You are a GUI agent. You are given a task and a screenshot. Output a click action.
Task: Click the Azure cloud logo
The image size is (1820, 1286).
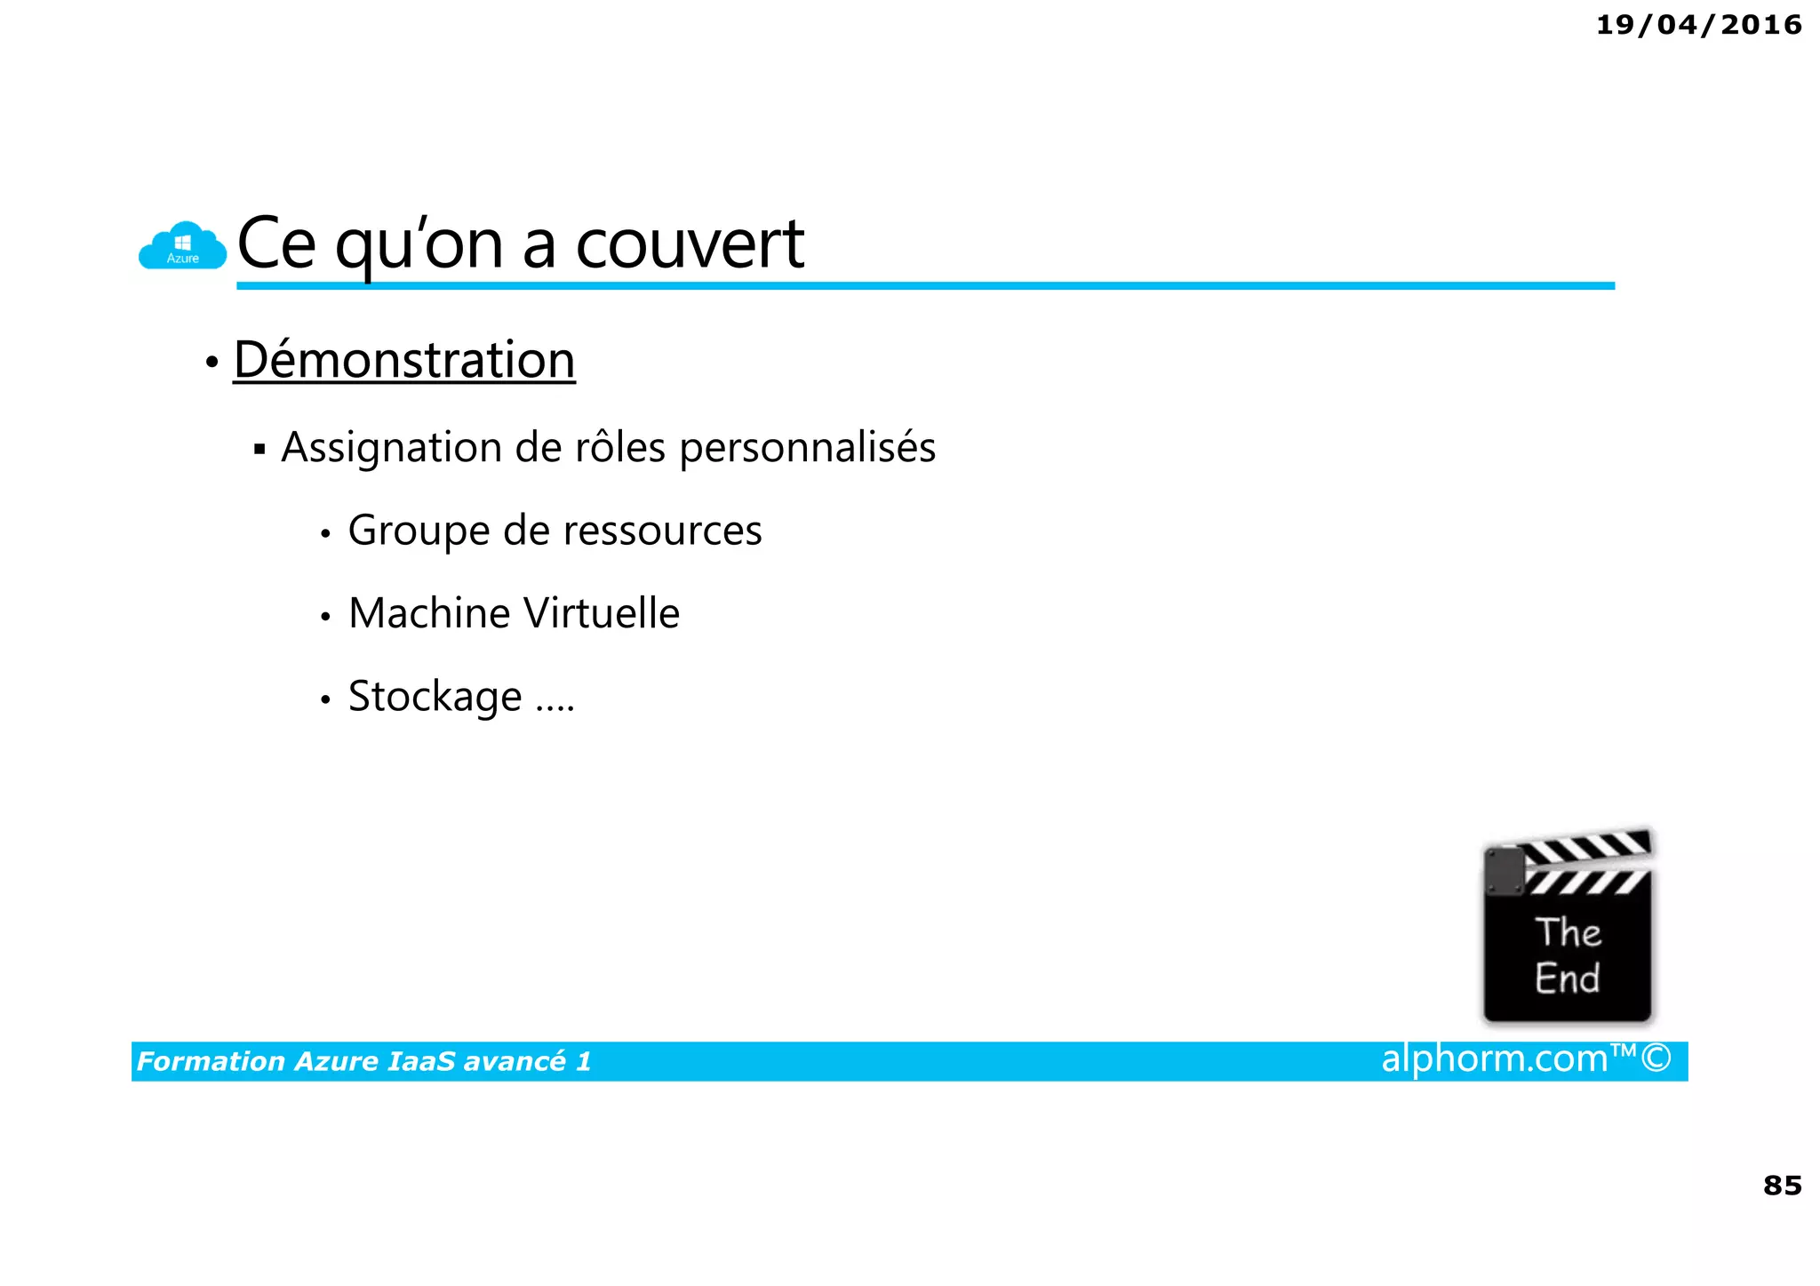tap(182, 246)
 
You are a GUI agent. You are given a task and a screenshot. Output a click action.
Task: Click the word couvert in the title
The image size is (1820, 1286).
tap(690, 244)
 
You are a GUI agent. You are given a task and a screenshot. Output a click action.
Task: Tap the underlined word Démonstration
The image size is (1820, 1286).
tap(404, 360)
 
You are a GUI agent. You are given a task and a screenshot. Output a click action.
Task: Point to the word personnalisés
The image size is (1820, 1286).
tap(807, 447)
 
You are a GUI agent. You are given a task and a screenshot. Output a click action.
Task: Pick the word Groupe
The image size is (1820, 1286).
tap(419, 531)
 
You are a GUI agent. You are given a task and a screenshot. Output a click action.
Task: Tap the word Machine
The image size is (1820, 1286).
tap(428, 613)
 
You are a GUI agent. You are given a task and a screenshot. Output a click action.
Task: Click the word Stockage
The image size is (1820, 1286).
tap(435, 697)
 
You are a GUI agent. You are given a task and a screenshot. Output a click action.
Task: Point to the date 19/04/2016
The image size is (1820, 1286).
tap(1698, 25)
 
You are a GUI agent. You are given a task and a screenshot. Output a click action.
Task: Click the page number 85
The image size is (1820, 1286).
tap(1782, 1186)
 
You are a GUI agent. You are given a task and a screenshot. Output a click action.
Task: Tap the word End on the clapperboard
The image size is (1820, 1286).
tap(1567, 978)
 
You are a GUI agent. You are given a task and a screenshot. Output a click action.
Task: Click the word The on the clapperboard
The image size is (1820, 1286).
tap(1568, 932)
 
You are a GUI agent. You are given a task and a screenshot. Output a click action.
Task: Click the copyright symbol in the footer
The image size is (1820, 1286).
tap(1656, 1058)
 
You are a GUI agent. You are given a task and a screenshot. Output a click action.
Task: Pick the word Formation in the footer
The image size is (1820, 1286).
tap(211, 1061)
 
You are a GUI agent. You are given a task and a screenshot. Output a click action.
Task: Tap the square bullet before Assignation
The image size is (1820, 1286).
tap(259, 449)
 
